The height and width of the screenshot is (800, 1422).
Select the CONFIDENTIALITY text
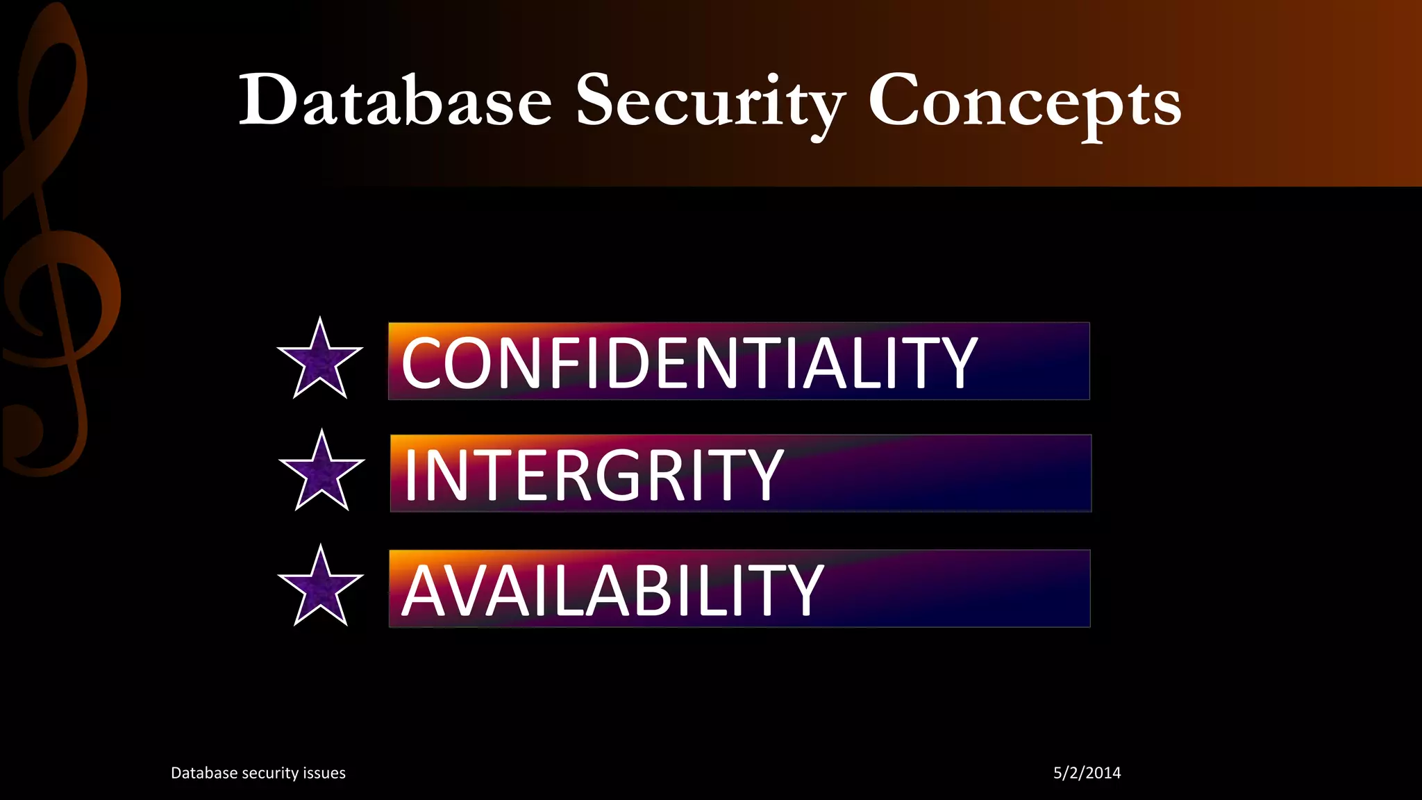(689, 362)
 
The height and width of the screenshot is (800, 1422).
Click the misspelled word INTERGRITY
(594, 475)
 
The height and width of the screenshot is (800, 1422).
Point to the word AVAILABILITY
(612, 590)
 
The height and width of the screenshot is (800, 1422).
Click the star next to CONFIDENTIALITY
(320, 361)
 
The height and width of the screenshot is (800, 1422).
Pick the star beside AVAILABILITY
(320, 589)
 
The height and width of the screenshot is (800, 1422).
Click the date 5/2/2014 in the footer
(1087, 773)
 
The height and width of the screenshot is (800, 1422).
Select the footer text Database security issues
(258, 773)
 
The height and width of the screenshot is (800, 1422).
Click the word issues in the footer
(324, 773)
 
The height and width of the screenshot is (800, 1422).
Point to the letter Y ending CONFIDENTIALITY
(955, 362)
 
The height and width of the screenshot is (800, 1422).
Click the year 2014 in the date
(1103, 773)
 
